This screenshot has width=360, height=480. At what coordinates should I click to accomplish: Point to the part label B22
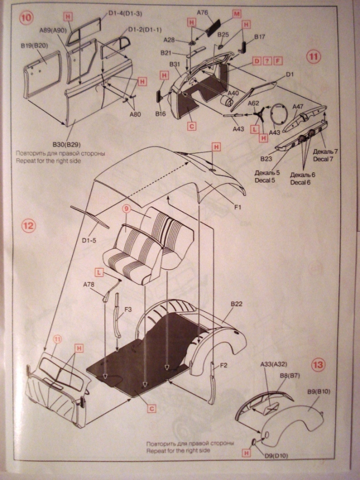237,304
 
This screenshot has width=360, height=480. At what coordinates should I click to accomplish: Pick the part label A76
203,12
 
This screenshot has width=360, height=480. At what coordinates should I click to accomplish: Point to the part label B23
267,158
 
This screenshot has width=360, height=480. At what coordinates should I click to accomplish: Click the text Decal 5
265,181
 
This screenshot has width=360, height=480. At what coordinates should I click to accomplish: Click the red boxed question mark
267,61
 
